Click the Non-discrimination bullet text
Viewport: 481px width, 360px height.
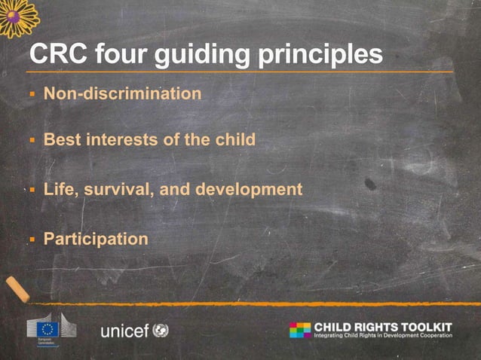tap(122, 94)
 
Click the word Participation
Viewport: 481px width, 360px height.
tap(96, 239)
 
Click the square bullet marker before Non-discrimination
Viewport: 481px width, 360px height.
tap(32, 95)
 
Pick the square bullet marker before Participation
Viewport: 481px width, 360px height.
tap(32, 239)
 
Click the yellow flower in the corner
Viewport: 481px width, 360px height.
tap(17, 16)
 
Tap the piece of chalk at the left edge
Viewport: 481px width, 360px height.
tap(16, 288)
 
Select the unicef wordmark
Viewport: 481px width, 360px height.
tap(124, 331)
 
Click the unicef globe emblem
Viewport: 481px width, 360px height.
tap(161, 330)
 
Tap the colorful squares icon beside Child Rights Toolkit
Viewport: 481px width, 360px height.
tap(299, 330)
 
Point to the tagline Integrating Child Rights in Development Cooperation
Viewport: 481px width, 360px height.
tap(383, 336)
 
